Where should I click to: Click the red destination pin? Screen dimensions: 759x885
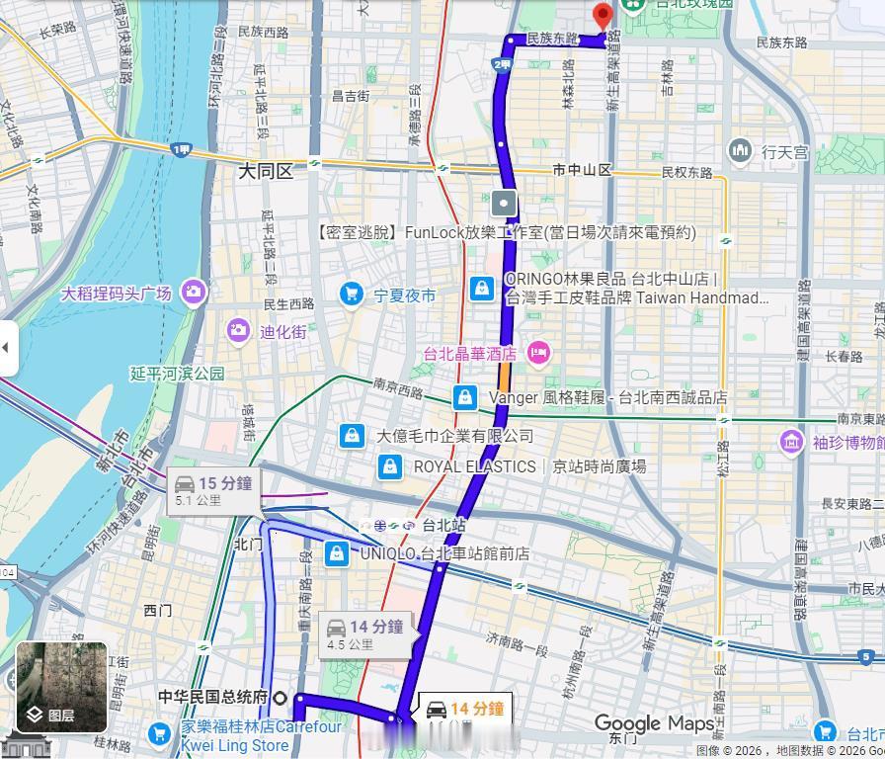coord(603,17)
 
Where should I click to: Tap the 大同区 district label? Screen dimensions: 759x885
coord(266,172)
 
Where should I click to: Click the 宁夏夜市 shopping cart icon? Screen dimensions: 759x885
coord(351,295)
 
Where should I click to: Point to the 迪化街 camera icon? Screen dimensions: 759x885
coord(238,331)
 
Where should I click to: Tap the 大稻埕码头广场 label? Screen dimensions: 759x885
coord(117,294)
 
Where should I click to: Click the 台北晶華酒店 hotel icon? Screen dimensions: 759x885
coord(538,353)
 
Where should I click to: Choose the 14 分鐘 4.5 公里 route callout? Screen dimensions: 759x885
coord(363,633)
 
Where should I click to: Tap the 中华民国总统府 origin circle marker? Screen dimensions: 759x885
coord(280,698)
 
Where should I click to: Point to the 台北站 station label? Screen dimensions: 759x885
coord(442,526)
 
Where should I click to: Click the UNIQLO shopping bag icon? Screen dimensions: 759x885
coord(337,554)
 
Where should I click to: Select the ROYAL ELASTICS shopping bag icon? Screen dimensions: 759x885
coord(390,466)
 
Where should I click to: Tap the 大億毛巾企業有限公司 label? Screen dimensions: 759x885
coord(454,436)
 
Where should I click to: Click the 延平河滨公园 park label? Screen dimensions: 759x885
coord(178,374)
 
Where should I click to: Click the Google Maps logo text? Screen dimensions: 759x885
coord(653,724)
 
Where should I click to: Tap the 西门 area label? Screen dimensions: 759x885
coord(158,610)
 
